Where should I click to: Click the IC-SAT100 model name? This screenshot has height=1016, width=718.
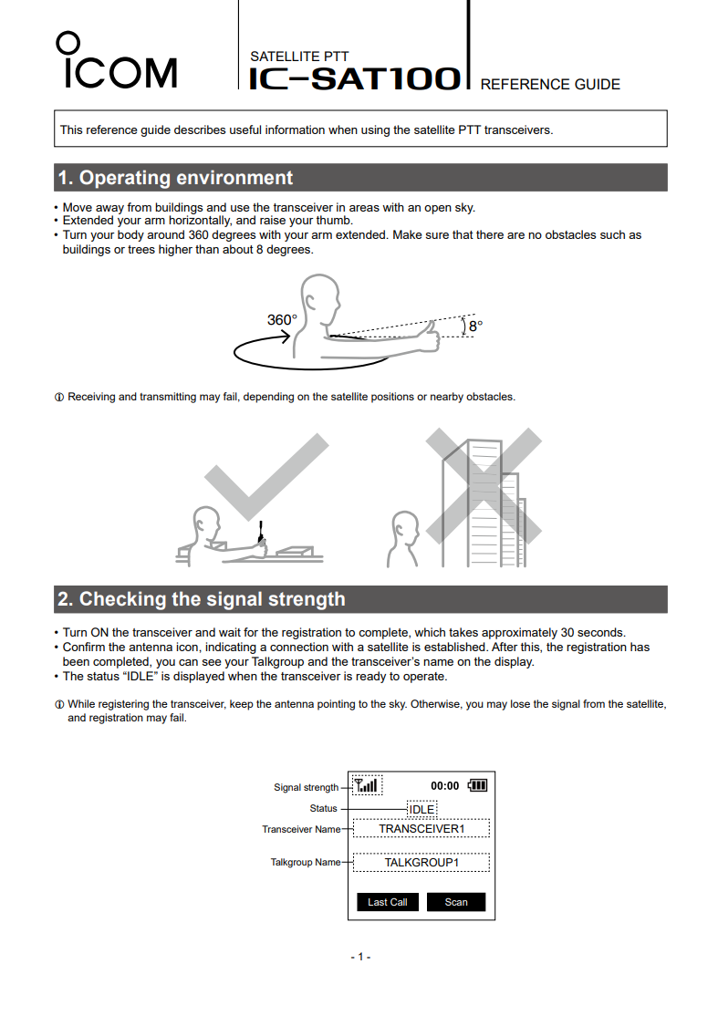click(x=355, y=78)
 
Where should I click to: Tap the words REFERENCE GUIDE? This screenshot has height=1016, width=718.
click(x=549, y=85)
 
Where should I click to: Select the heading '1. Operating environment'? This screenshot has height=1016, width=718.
click(x=175, y=178)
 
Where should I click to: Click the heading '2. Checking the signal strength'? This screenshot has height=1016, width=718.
click(x=202, y=599)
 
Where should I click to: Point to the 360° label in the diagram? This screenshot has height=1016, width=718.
click(x=282, y=320)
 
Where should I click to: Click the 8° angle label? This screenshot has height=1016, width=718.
click(x=475, y=326)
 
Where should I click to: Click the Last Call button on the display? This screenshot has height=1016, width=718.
click(x=387, y=902)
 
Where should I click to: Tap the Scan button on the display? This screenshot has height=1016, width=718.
click(x=456, y=902)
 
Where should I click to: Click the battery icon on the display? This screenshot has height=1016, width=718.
click(x=477, y=785)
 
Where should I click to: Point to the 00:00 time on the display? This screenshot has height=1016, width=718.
click(x=445, y=786)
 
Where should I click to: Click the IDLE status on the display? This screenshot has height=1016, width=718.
click(x=421, y=809)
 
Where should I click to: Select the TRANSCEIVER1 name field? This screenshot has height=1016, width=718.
click(x=421, y=829)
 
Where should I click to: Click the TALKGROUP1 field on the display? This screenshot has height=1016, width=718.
click(x=421, y=862)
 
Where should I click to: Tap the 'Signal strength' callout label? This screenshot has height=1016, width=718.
click(x=306, y=788)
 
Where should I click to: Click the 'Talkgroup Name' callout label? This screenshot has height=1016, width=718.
click(x=306, y=862)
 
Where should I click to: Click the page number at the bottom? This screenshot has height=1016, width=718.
click(x=360, y=957)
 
